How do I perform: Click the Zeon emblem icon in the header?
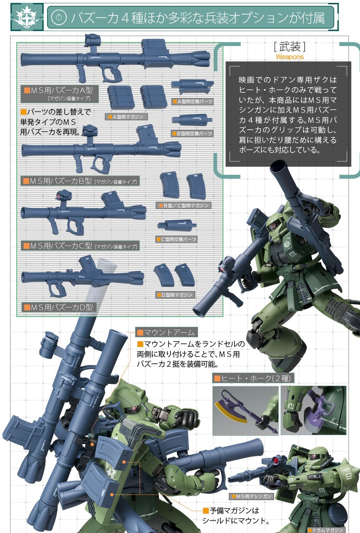pyautogui.click(x=27, y=17)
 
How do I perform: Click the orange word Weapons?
pyautogui.click(x=290, y=57)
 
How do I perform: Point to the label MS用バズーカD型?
pyautogui.click(x=59, y=307)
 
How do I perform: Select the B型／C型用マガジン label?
pyautogui.click(x=183, y=206)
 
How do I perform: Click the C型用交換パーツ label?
pyautogui.click(x=177, y=239)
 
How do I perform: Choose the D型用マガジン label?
pyautogui.click(x=175, y=295)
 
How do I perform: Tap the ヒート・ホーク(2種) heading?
pyautogui.click(x=253, y=378)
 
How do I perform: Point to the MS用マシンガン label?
pyautogui.click(x=251, y=496)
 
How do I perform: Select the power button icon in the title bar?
pyautogui.click(x=59, y=17)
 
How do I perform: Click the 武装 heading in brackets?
pyautogui.click(x=290, y=46)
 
